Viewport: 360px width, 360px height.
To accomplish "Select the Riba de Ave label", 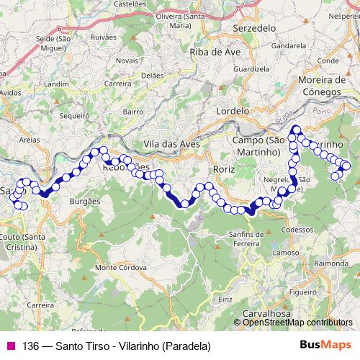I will (215, 52).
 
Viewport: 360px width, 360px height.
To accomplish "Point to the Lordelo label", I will (233, 112).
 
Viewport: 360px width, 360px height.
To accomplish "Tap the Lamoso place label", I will (286, 253).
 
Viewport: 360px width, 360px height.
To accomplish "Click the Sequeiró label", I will (74, 114).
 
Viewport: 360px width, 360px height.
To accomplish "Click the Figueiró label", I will (303, 293).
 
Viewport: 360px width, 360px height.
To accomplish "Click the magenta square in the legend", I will (9, 346).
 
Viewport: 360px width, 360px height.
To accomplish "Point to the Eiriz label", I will (225, 298).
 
